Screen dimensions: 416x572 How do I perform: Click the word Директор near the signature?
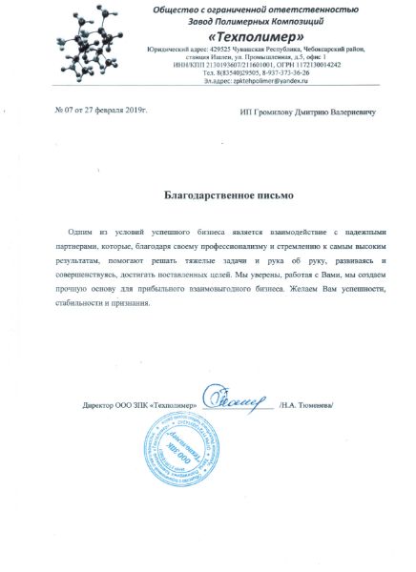click(100, 405)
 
